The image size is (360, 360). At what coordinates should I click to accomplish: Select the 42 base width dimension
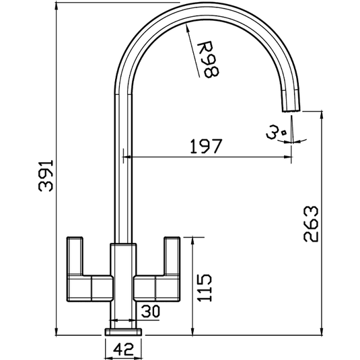coord(124,350)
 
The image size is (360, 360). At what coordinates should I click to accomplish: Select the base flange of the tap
coord(124,331)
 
